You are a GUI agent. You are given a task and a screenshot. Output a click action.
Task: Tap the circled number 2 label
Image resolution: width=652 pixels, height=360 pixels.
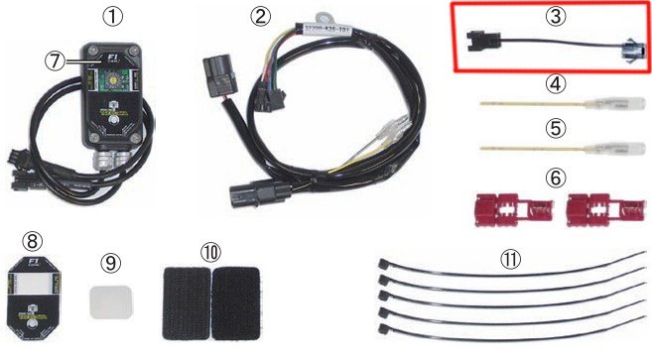tap(261, 16)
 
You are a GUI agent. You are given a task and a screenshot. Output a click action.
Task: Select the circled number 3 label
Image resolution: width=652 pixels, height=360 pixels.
tap(551, 16)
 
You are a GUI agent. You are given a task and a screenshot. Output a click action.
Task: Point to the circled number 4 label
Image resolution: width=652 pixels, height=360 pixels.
tap(551, 84)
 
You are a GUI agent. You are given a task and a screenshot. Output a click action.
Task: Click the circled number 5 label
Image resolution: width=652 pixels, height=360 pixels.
tap(551, 128)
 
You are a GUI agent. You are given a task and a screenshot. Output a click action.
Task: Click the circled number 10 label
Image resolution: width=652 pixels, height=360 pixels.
tap(212, 250)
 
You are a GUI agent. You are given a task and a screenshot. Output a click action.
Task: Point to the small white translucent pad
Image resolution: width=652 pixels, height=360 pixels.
tap(109, 301)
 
